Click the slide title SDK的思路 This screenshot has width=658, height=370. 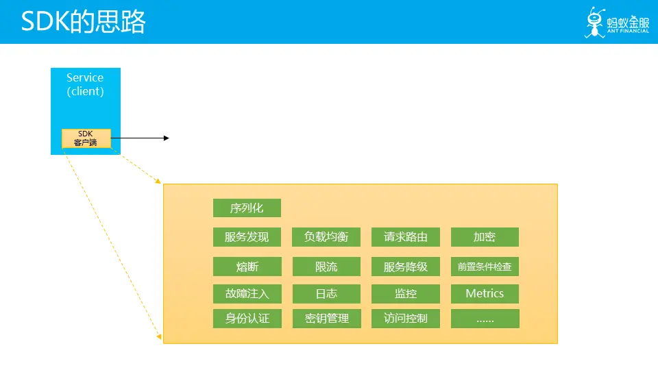pos(84,22)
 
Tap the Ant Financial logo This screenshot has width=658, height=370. pos(616,23)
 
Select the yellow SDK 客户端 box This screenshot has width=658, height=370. pos(86,138)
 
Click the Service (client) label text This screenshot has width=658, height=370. pos(85,84)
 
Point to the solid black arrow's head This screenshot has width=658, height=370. pos(166,138)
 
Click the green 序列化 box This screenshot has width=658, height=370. pos(247,208)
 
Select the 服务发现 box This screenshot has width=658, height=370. pos(247,237)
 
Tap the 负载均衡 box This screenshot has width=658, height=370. pos(326,237)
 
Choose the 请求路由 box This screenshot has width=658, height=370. pos(406,237)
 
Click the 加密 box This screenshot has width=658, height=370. pos(485,237)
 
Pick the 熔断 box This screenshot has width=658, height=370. pos(247,267)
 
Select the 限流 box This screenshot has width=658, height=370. pos(326,267)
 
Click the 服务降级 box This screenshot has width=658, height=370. pos(406,267)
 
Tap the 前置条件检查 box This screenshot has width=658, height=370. pos(485,267)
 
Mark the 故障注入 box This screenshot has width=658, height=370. pos(247,294)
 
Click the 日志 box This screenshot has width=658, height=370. pos(326,294)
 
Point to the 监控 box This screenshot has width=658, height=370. pos(406,294)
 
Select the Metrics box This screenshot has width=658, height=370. pos(485,294)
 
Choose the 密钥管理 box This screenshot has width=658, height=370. pos(326,319)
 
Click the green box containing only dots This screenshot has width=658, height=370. pos(485,319)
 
